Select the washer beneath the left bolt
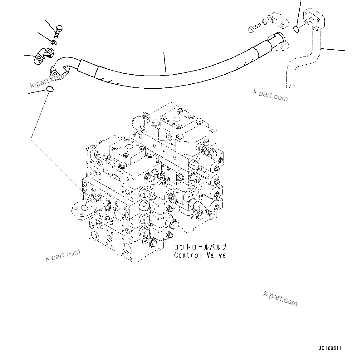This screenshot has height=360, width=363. (x=54, y=42)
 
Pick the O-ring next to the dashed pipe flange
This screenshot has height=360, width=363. (x=297, y=29)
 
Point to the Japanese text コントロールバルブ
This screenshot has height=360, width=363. (x=200, y=247)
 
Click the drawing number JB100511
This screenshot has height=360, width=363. (x=330, y=348)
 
